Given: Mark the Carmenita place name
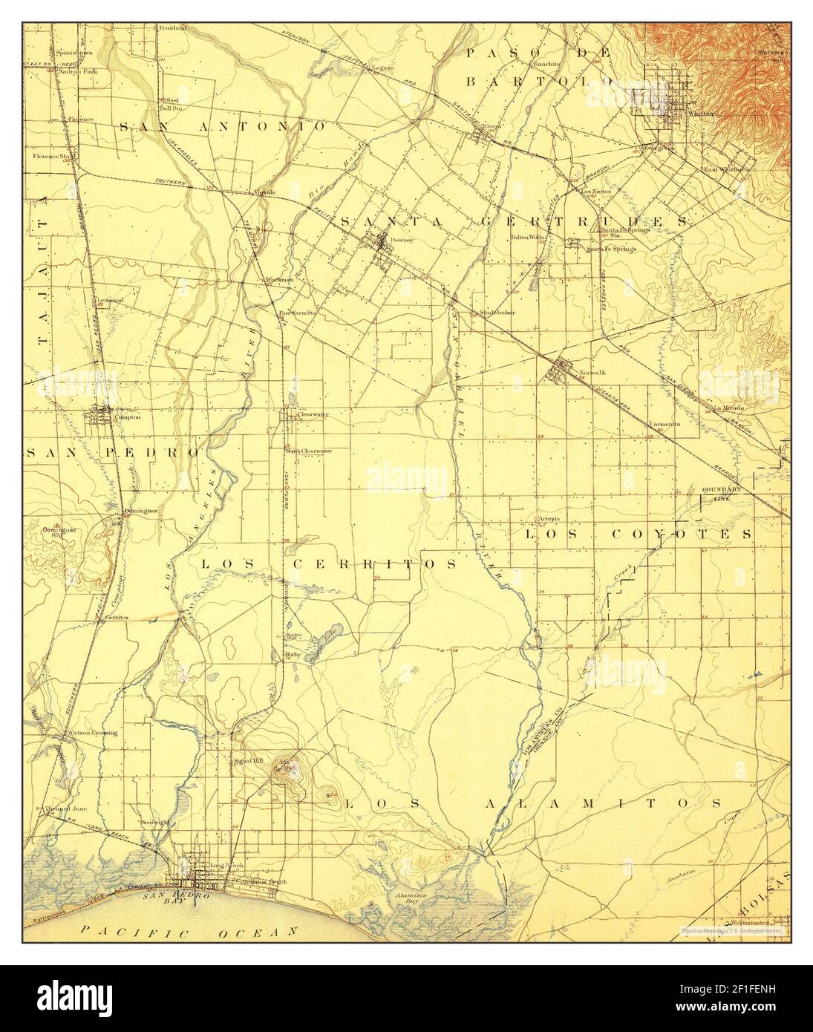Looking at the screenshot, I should (x=665, y=425).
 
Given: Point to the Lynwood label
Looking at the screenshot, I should (x=110, y=300).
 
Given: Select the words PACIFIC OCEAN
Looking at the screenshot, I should (x=189, y=930).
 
